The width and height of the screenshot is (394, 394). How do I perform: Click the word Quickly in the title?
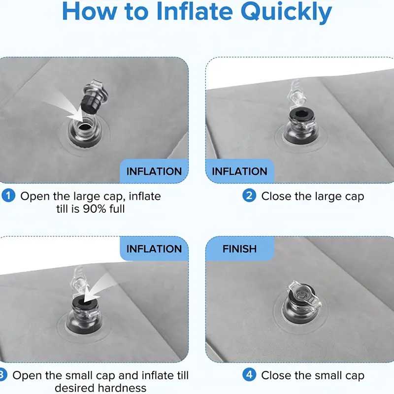tap(287, 12)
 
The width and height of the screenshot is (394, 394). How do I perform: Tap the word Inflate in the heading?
tap(194, 11)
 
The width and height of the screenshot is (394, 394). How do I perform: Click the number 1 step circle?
tap(8, 196)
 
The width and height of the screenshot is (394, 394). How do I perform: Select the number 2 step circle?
tap(249, 196)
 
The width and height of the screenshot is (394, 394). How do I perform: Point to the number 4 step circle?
tap(249, 375)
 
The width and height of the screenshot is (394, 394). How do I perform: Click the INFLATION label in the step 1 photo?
tap(154, 171)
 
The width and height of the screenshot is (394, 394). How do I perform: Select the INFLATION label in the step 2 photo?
tap(239, 171)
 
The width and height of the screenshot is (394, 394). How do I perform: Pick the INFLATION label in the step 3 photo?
tap(154, 249)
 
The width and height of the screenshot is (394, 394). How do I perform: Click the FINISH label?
tap(239, 249)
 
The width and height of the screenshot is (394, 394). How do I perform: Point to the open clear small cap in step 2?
tap(296, 93)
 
